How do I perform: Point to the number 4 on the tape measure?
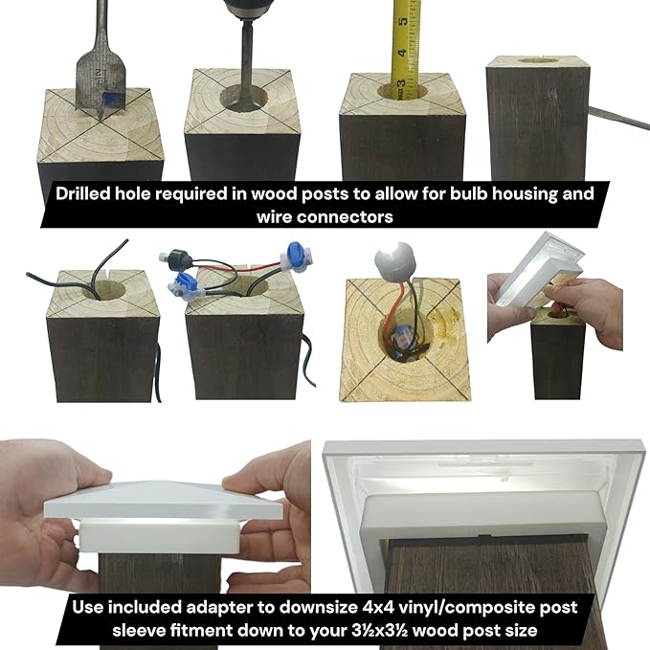[402, 53]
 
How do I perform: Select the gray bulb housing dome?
[393, 258]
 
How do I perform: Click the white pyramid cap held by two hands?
[163, 500]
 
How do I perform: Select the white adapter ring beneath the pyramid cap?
[159, 537]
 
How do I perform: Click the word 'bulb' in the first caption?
[470, 194]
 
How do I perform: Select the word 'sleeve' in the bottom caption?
[137, 631]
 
